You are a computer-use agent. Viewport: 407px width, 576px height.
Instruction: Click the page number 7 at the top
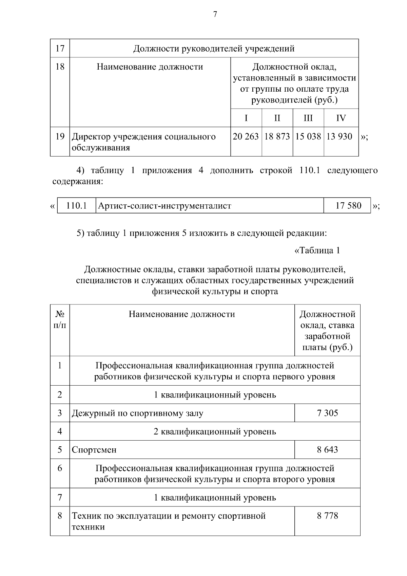point(215,14)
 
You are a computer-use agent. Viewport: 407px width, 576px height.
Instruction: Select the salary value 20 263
point(246,136)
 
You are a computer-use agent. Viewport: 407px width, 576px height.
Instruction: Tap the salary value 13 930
point(340,136)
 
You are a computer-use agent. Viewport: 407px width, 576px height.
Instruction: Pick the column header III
point(308,118)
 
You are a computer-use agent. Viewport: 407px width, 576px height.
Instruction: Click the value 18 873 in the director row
point(277,136)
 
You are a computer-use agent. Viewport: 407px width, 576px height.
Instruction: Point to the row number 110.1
point(77,206)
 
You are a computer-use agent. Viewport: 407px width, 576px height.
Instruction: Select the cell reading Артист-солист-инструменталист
point(164,206)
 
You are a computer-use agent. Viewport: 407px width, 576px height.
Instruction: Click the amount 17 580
point(348,206)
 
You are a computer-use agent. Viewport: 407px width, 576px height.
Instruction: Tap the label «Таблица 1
point(317,251)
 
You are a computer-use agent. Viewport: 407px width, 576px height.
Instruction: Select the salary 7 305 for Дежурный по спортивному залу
point(327,413)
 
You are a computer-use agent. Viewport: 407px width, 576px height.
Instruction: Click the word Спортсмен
point(94,450)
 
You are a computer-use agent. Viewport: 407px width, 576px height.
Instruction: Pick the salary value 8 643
point(327,450)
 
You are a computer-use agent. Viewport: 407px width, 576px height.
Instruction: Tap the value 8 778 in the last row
point(327,516)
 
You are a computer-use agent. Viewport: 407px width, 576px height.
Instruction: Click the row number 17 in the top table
point(60,49)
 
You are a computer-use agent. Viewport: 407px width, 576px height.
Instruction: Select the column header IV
point(341,118)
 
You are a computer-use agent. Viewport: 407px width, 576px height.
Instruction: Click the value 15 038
point(308,136)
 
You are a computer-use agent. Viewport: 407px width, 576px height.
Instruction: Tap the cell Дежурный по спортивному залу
point(137,413)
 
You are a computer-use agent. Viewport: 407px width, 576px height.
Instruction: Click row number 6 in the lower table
point(60,468)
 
